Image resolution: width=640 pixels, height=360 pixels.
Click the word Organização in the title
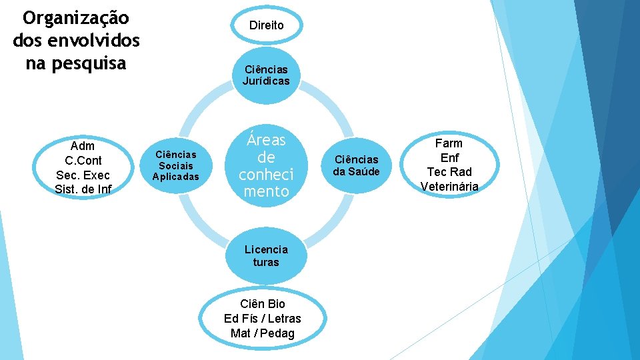[x=76, y=17]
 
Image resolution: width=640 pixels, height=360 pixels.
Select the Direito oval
[x=266, y=25]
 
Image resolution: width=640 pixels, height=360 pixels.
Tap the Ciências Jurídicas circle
[x=266, y=75]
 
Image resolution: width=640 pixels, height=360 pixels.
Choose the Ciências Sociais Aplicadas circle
[x=176, y=165]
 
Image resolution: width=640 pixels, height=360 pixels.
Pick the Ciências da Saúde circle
[x=356, y=165]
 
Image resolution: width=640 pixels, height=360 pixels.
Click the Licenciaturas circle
[x=266, y=255]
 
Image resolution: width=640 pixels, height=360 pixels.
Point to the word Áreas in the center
[x=266, y=140]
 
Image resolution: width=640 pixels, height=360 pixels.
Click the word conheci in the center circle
[x=266, y=175]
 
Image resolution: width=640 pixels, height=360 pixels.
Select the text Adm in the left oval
[x=83, y=146]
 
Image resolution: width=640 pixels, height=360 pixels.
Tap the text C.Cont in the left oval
[x=83, y=161]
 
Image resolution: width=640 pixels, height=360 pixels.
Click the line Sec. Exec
[x=83, y=175]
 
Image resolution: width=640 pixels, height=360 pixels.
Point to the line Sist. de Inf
[x=83, y=189]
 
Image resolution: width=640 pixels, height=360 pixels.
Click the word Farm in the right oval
[x=449, y=143]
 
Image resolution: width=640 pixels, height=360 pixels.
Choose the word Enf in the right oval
[x=449, y=158]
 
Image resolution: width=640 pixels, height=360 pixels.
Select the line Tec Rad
[x=449, y=172]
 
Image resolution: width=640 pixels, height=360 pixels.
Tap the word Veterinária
[x=449, y=187]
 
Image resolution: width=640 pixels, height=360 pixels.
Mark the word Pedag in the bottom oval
[x=277, y=333]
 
